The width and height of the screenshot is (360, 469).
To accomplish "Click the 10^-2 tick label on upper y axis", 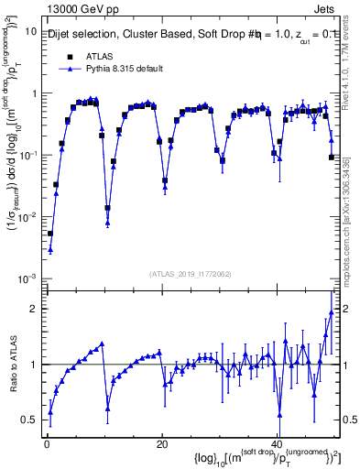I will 27,217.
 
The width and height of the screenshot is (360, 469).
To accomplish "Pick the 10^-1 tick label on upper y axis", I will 27,155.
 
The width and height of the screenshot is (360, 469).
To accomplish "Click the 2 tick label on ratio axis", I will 33,309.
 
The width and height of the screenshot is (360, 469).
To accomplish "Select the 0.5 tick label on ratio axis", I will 28,420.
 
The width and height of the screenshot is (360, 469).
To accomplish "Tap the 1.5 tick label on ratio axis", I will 28,337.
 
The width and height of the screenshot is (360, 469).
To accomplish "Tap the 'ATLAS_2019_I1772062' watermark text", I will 190,274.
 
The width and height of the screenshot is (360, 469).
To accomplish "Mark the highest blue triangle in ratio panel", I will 332,311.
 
